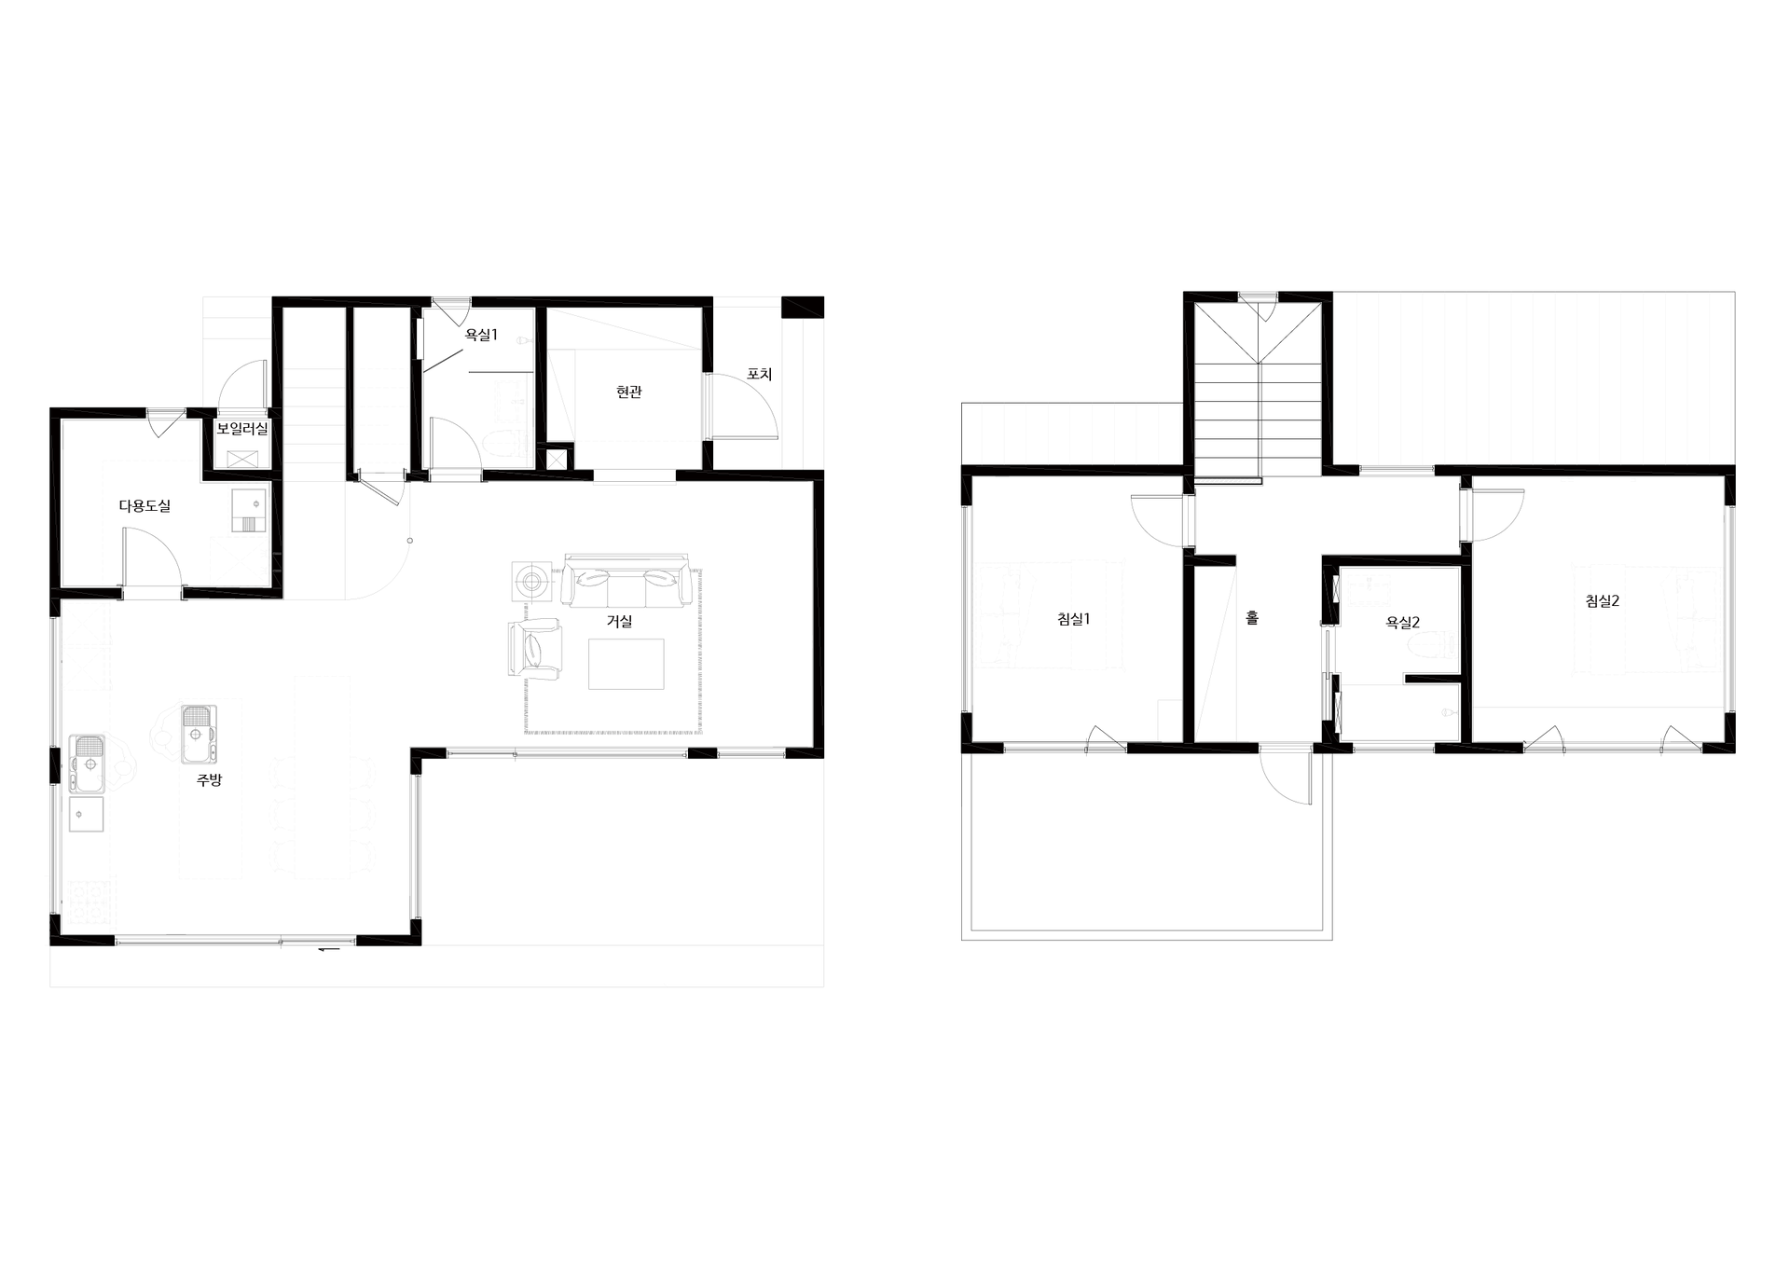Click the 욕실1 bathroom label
pos(481,335)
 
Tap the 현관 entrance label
pos(629,392)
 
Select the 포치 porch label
pos(760,374)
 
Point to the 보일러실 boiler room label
pos(242,429)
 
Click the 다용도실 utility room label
pos(145,506)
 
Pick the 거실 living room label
pos(620,621)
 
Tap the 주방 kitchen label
pos(210,780)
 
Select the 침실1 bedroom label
pos(1074,619)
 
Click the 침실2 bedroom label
pos(1603,601)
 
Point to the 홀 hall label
pos(1252,617)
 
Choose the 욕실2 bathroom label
pos(1403,623)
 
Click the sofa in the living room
pos(626,583)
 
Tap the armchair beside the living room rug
pos(535,646)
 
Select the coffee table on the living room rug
pos(626,664)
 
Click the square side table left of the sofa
pos(532,583)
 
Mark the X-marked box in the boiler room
pos(242,459)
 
